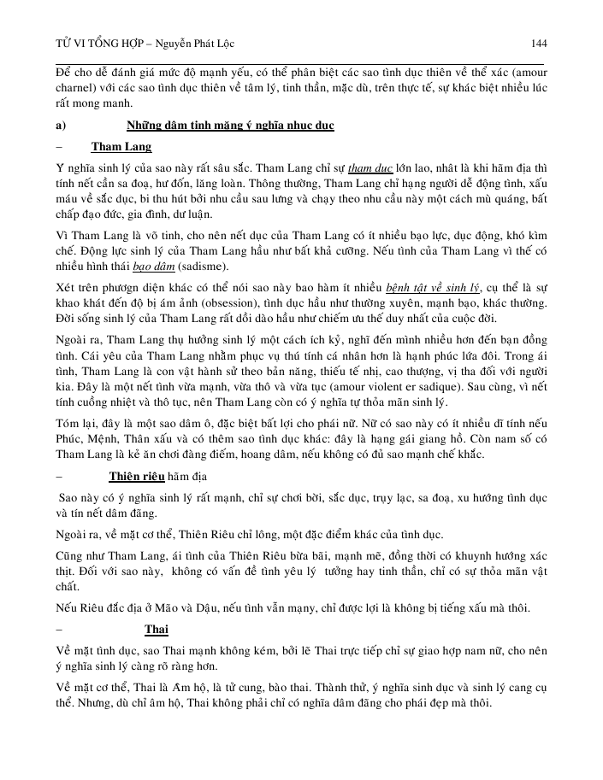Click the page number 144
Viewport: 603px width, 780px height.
[538, 44]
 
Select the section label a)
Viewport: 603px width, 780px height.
[60, 125]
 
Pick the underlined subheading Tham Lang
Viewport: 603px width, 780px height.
[121, 145]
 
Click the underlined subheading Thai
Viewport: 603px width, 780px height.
[157, 630]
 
